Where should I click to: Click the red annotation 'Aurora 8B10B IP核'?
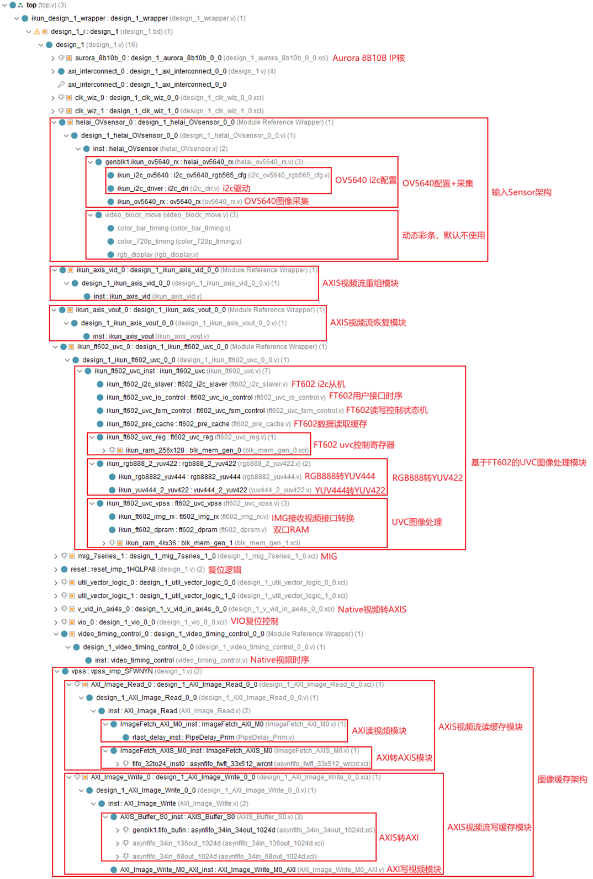(x=368, y=58)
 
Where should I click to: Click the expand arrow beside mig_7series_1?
(x=56, y=556)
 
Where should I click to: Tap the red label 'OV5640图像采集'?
(x=277, y=201)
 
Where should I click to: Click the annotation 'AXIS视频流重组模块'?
(x=360, y=283)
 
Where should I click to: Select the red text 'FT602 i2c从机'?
(x=318, y=384)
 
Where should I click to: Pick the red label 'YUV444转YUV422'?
(x=350, y=490)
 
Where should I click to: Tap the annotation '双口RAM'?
(x=291, y=529)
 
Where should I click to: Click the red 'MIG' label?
(x=329, y=556)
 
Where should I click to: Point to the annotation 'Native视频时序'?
(x=279, y=660)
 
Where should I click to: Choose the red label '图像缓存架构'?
(x=562, y=779)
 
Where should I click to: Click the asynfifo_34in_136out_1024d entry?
(x=228, y=843)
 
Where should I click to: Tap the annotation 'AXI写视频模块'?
(x=414, y=869)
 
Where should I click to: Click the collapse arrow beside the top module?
(x=4, y=5)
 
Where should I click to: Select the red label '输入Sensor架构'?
(x=521, y=192)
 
